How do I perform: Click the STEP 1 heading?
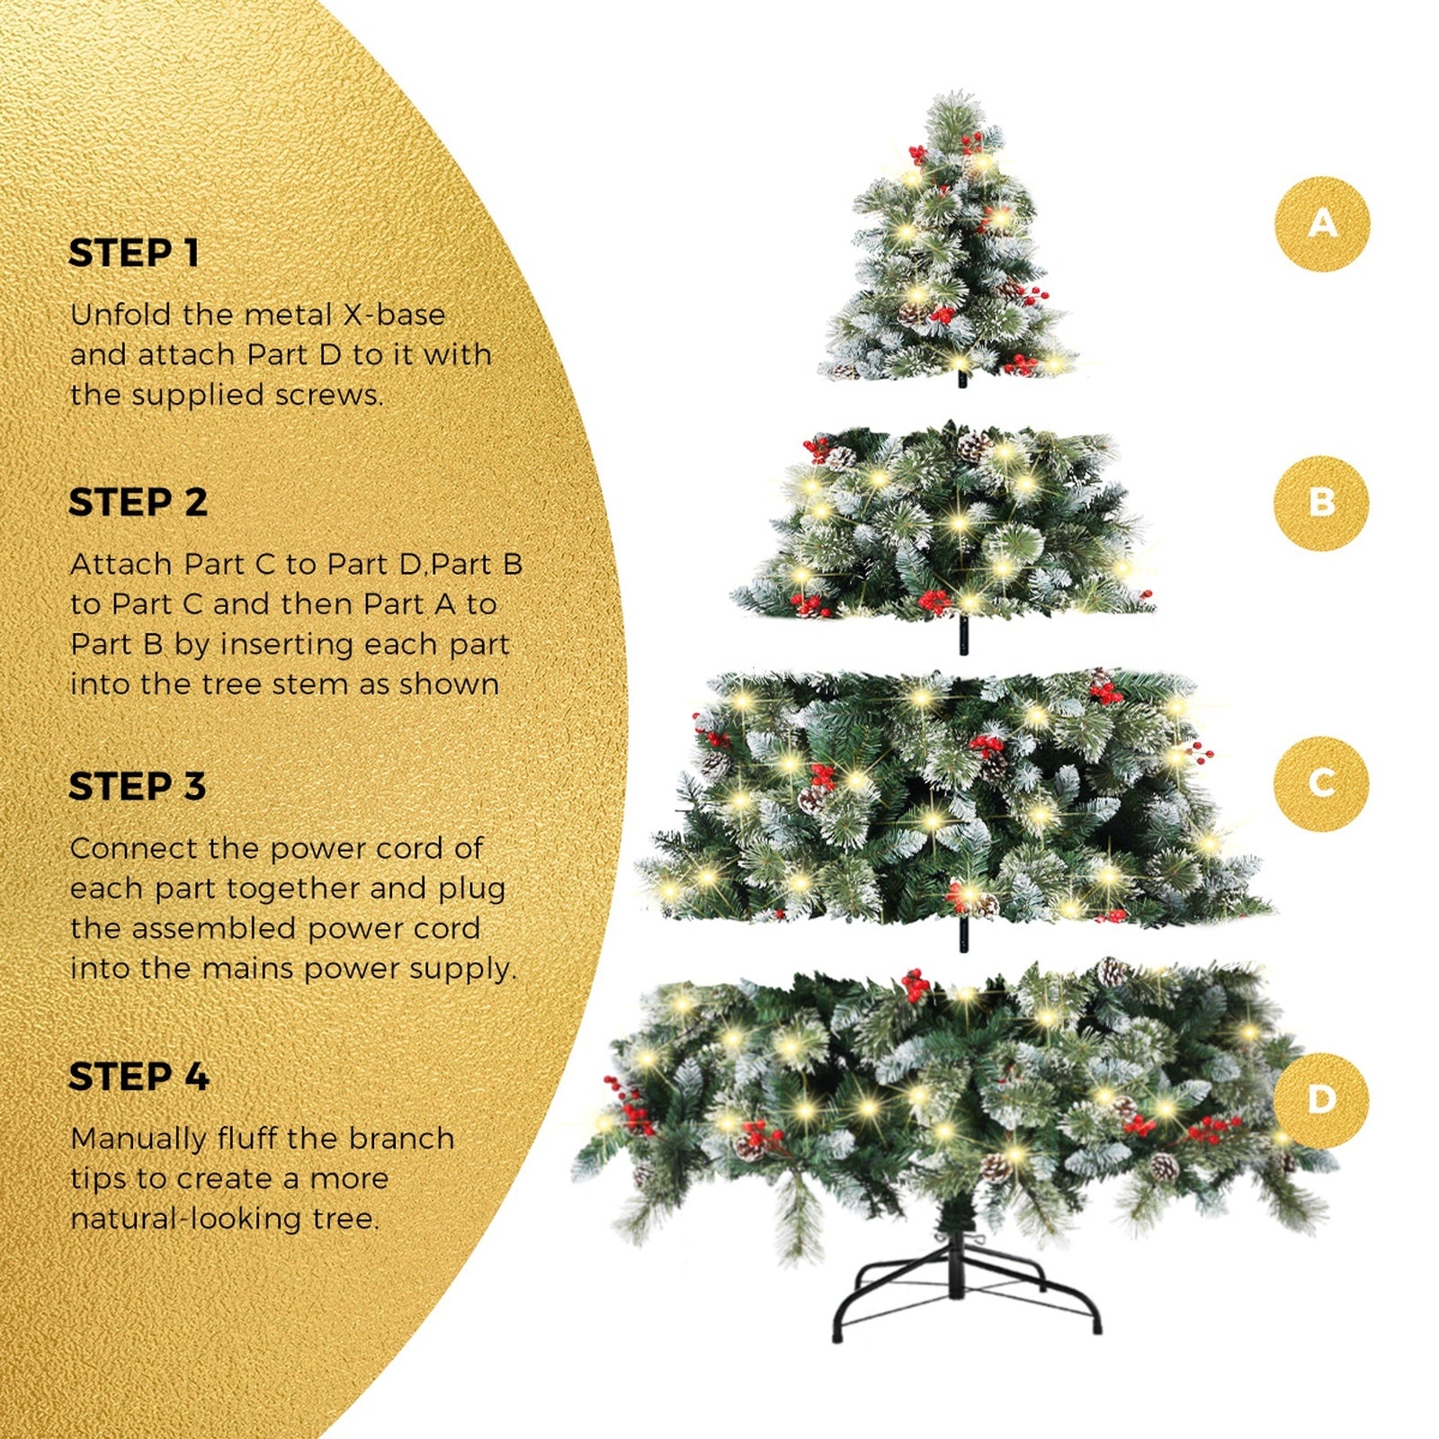pyautogui.click(x=134, y=254)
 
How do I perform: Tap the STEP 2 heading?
pyautogui.click(x=138, y=503)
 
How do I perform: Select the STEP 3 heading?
pyautogui.click(x=138, y=787)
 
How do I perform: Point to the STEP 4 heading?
pyautogui.click(x=139, y=1077)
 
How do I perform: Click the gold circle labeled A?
pyautogui.click(x=1322, y=224)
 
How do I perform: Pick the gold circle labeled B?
pyautogui.click(x=1321, y=503)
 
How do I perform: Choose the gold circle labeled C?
pyautogui.click(x=1321, y=782)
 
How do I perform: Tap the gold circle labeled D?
pyautogui.click(x=1321, y=1099)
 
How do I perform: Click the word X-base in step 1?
pyautogui.click(x=394, y=315)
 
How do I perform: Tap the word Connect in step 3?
pyautogui.click(x=133, y=848)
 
